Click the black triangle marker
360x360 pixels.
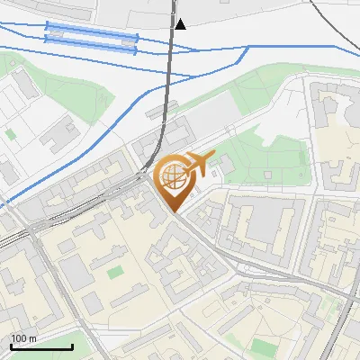click(181, 24)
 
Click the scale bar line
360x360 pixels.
click(40, 346)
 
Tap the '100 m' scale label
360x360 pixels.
click(24, 338)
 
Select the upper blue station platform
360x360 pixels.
click(91, 33)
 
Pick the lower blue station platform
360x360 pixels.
click(90, 44)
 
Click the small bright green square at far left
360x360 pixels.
click(11, 133)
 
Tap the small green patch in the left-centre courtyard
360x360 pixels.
click(115, 270)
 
